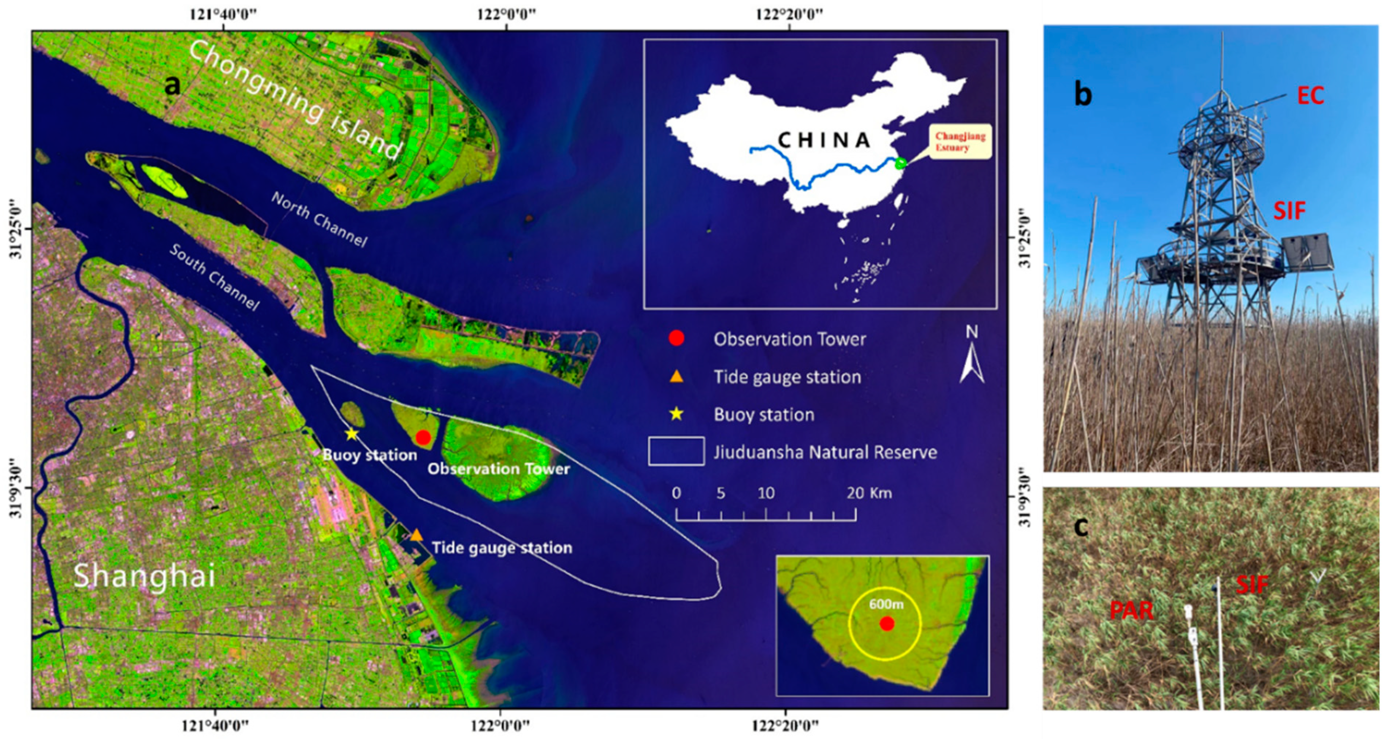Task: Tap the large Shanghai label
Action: [145, 576]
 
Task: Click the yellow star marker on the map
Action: [351, 434]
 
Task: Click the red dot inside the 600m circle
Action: [887, 624]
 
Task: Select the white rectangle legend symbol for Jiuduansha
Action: [676, 451]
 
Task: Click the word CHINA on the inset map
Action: [824, 140]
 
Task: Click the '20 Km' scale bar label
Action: [869, 493]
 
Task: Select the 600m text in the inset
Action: [886, 604]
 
